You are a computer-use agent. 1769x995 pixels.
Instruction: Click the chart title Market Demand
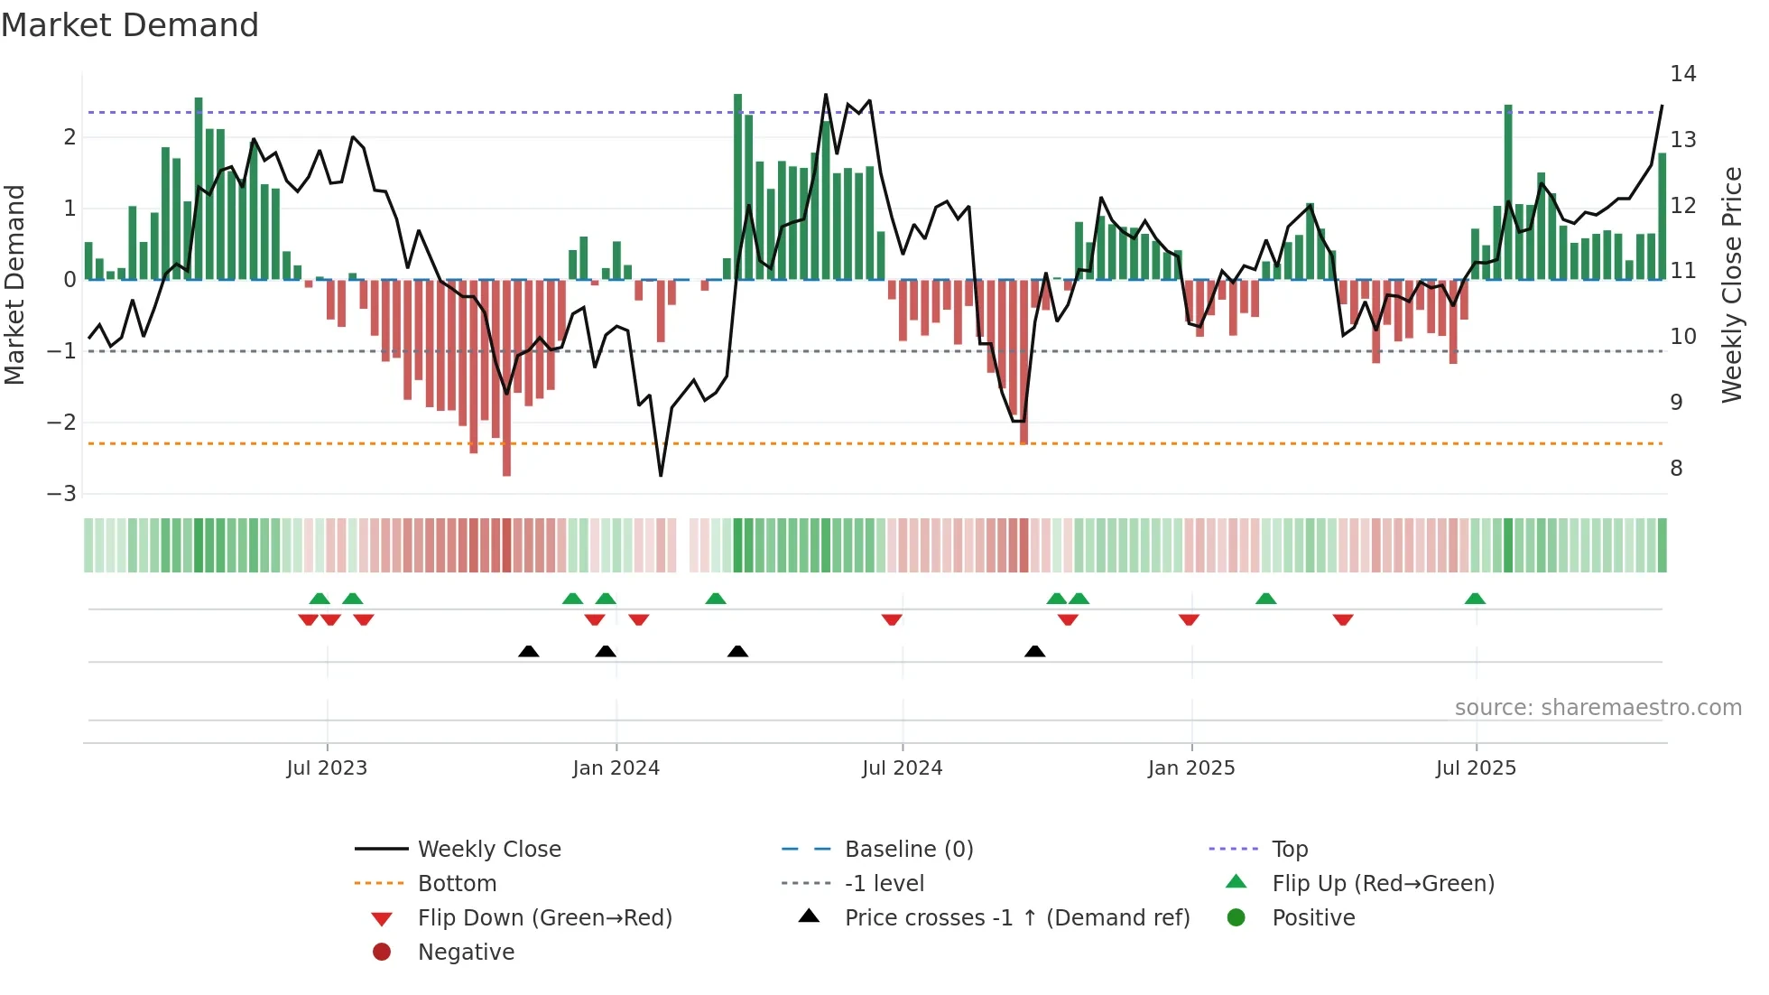pyautogui.click(x=130, y=25)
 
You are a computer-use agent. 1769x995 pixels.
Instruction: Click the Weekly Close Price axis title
pyautogui.click(x=1731, y=284)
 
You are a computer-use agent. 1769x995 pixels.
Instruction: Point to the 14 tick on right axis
pyautogui.click(x=1682, y=74)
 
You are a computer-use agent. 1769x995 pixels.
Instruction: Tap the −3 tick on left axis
pyautogui.click(x=61, y=494)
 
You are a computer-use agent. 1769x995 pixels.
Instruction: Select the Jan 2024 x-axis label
pyautogui.click(x=616, y=768)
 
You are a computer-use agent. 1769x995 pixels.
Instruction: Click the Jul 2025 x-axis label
pyautogui.click(x=1476, y=768)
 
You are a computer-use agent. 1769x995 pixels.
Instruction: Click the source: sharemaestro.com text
pyautogui.click(x=1598, y=708)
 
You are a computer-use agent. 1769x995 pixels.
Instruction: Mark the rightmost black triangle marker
pyautogui.click(x=1035, y=652)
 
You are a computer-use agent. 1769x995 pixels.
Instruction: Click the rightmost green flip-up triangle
pyautogui.click(x=1475, y=599)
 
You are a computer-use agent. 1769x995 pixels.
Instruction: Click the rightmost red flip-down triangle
pyautogui.click(x=1343, y=619)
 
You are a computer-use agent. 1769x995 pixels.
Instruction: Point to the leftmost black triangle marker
pyautogui.click(x=529, y=652)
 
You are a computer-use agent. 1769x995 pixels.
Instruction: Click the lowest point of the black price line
pyautogui.click(x=661, y=475)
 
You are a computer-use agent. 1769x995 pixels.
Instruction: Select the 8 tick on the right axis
pyautogui.click(x=1676, y=469)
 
